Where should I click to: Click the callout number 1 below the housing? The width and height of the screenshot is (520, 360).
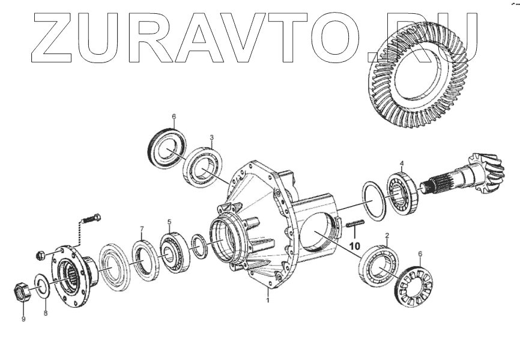(x=268, y=299)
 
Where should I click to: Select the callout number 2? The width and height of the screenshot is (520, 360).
(x=387, y=236)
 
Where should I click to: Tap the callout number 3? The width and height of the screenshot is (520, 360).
(x=211, y=138)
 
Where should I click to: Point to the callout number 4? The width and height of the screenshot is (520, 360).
(x=402, y=163)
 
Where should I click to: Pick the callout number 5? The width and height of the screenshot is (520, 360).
(x=169, y=221)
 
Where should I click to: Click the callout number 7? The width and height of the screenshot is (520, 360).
(x=142, y=228)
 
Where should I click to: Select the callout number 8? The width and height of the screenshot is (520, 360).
(x=44, y=313)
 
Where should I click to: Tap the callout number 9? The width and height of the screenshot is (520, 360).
(x=23, y=319)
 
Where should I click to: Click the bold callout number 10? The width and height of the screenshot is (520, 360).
(x=355, y=246)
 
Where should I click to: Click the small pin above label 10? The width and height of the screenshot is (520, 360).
(x=354, y=225)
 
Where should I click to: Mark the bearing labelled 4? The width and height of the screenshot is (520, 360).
(x=400, y=192)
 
